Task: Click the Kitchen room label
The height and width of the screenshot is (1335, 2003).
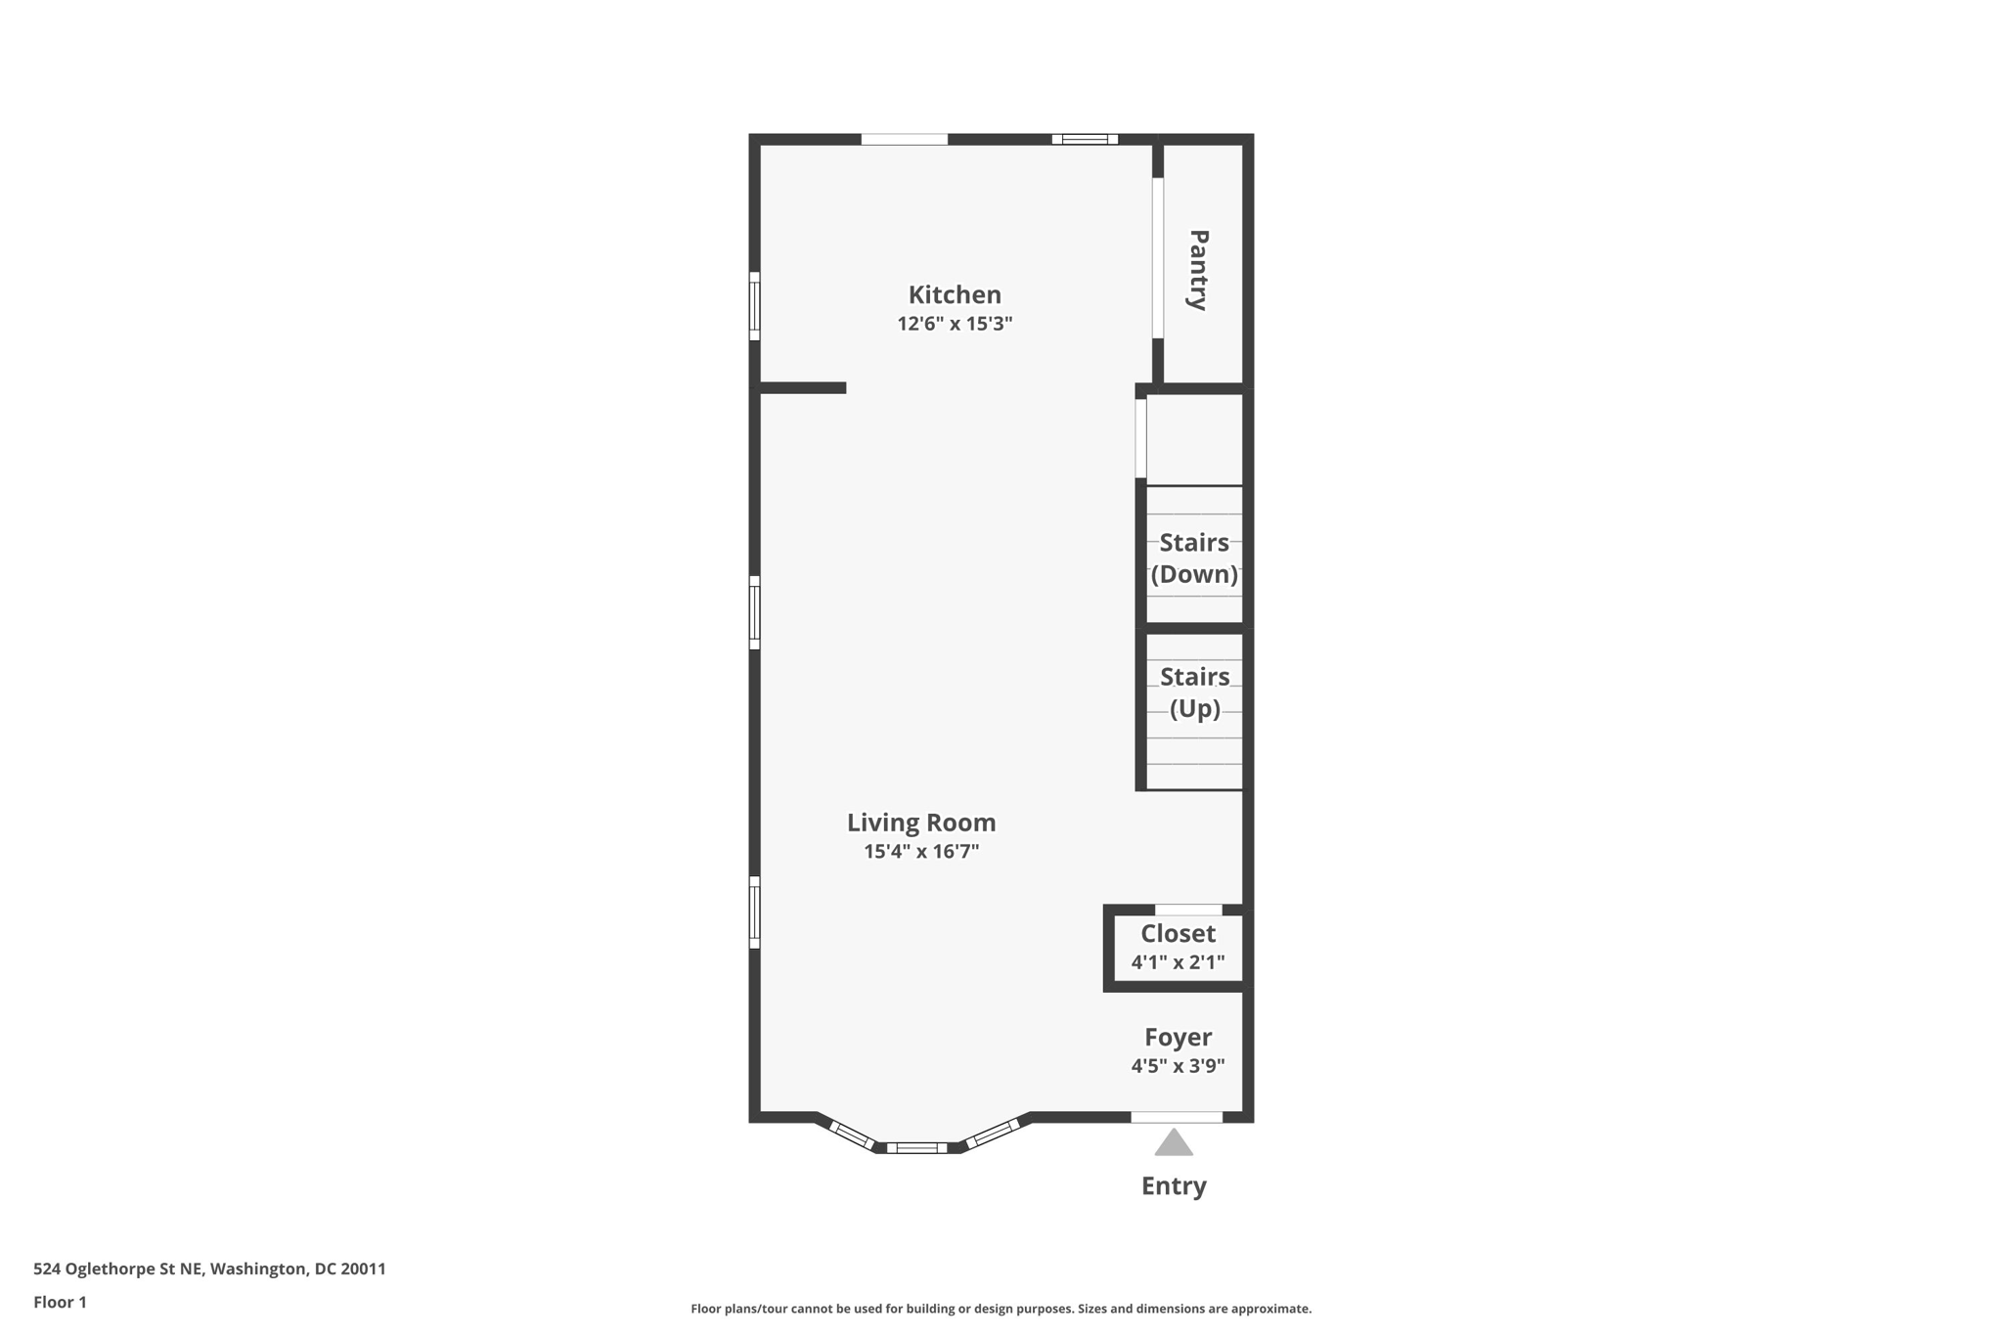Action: click(955, 294)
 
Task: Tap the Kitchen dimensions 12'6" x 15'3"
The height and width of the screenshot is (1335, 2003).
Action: click(955, 324)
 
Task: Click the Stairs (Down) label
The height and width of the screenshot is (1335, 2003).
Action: click(1194, 558)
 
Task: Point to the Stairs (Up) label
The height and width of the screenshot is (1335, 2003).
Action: click(1195, 692)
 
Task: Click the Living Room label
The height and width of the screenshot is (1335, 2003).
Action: click(921, 823)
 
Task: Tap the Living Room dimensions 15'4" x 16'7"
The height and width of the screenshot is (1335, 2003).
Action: click(921, 851)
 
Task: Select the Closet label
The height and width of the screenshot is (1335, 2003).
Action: click(1178, 933)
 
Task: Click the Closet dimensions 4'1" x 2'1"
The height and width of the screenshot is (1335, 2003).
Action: click(1178, 962)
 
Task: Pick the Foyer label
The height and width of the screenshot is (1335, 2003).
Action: click(1178, 1037)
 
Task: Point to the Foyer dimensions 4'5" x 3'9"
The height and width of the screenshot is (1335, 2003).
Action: click(1178, 1066)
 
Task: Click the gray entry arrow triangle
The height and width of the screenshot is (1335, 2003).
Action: click(1174, 1142)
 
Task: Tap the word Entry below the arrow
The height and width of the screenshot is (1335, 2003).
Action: click(1174, 1186)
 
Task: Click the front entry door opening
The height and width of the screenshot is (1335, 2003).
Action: click(1177, 1117)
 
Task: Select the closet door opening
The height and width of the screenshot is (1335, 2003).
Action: click(1188, 910)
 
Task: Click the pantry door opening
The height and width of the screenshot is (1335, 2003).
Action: click(1158, 258)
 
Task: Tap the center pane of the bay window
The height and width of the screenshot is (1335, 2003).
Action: click(917, 1148)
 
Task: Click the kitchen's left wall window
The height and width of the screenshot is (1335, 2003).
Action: click(755, 306)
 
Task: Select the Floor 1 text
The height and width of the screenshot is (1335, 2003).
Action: click(60, 1302)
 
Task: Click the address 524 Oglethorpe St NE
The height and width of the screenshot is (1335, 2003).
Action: click(118, 1268)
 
